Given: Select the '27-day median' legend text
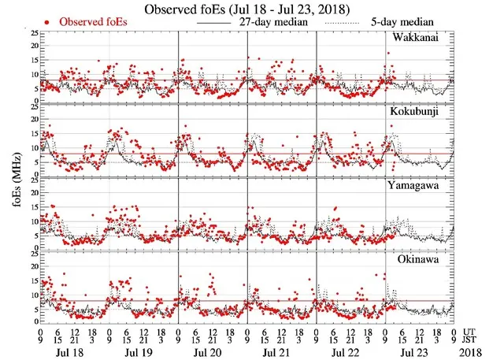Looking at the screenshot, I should (x=276, y=22).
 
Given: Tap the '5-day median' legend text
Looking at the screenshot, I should (x=414, y=22).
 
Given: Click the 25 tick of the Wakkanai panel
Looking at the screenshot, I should (x=33, y=33).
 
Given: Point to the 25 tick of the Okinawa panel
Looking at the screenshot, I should (x=33, y=254).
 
